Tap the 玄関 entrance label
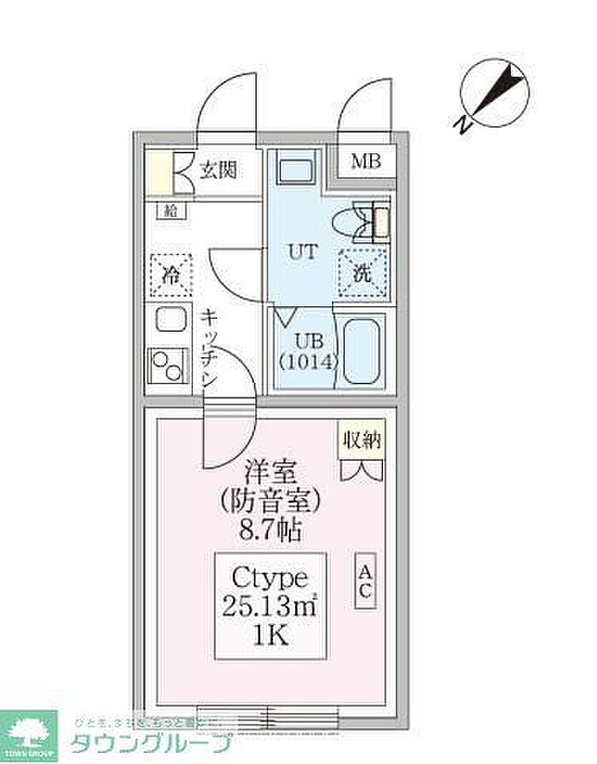(x=217, y=171)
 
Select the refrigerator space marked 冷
(x=171, y=275)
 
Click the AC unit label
(x=364, y=580)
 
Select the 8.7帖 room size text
(x=270, y=531)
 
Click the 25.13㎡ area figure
(x=269, y=609)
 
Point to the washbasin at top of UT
(x=298, y=168)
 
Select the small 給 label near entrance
(x=171, y=211)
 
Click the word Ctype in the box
(x=269, y=581)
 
